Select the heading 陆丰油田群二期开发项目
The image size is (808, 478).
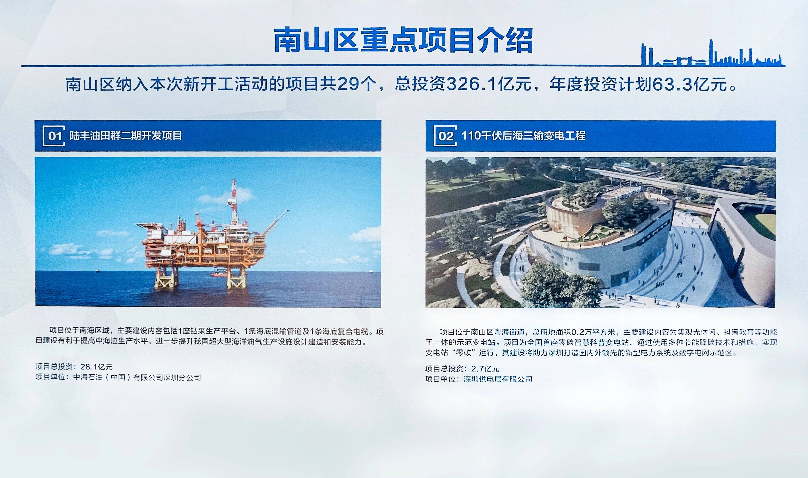[x=126, y=136]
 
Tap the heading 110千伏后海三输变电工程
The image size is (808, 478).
[x=523, y=136]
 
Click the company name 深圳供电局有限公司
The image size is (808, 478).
[x=498, y=379]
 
